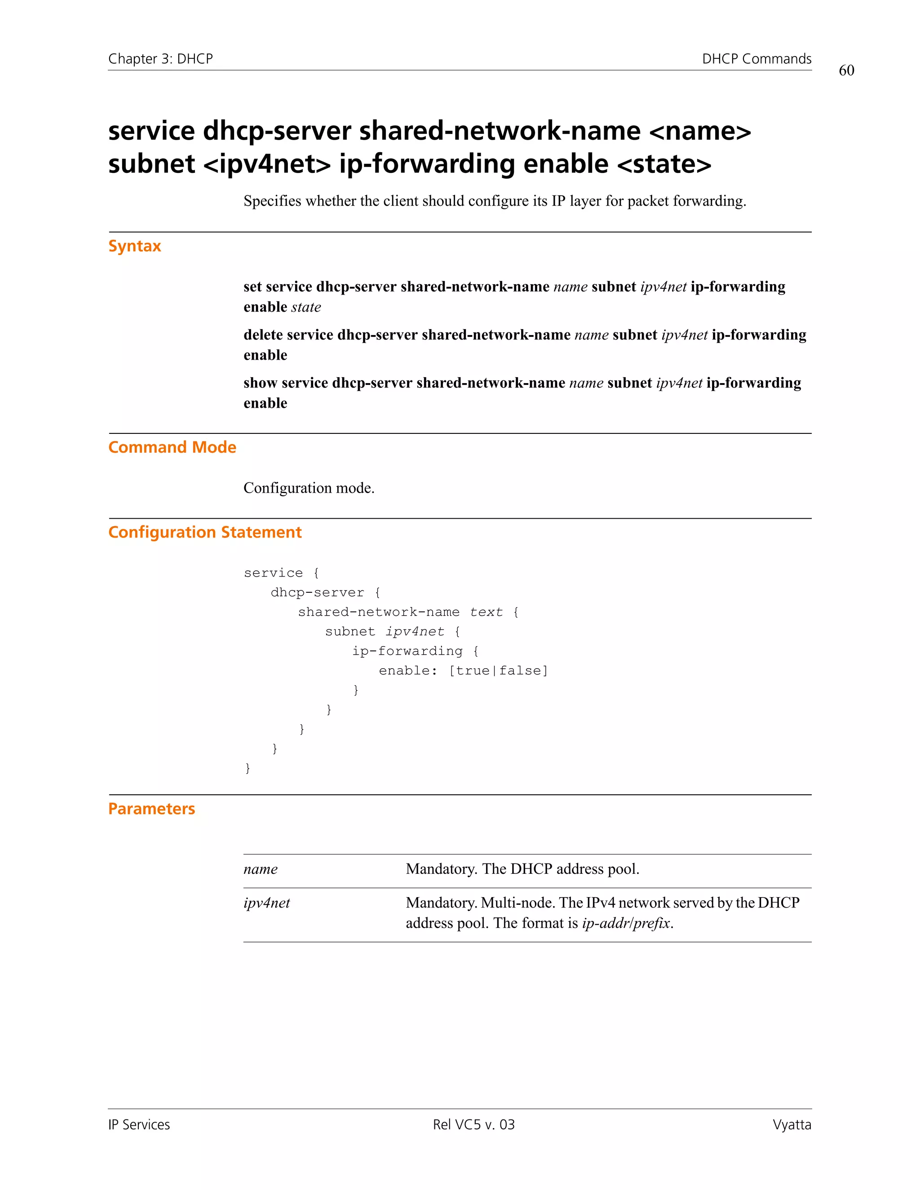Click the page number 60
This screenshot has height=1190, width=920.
tap(846, 71)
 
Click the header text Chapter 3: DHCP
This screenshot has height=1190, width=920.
tap(160, 59)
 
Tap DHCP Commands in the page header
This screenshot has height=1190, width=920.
tap(756, 59)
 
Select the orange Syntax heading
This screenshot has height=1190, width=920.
tap(135, 246)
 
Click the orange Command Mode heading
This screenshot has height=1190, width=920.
tap(172, 447)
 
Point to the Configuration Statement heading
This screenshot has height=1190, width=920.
tap(205, 532)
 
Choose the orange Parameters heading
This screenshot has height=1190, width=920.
tap(151, 809)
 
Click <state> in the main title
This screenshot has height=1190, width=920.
tap(664, 164)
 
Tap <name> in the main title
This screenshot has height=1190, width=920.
tap(700, 131)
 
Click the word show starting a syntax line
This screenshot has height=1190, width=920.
tap(260, 383)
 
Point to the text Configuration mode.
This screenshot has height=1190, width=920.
tap(309, 488)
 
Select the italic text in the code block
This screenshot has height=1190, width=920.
tap(486, 612)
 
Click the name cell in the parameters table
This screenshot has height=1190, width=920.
tap(261, 869)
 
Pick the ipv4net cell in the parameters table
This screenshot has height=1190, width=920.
tap(266, 903)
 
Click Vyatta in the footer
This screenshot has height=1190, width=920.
tap(792, 1124)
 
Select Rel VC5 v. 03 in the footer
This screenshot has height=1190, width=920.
tap(473, 1124)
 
